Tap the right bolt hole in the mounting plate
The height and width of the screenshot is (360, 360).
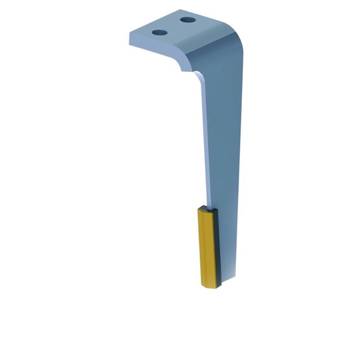click(x=187, y=20)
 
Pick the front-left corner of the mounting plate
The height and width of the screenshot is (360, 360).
click(x=130, y=35)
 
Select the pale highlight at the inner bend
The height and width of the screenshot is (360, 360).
click(x=198, y=74)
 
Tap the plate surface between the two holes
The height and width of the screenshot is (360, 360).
click(x=173, y=26)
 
